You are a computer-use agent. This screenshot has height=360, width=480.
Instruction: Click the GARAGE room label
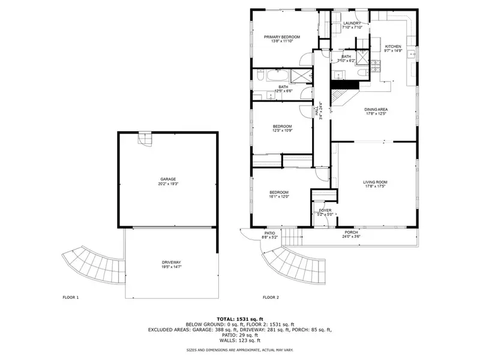click(168, 179)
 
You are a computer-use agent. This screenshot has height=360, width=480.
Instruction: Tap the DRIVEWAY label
click(171, 262)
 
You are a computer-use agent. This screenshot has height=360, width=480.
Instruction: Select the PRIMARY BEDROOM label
click(281, 37)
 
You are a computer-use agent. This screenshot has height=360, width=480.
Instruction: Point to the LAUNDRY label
click(352, 23)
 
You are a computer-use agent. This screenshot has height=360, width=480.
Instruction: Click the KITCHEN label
click(393, 46)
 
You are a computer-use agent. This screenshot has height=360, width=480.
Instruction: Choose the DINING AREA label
click(376, 109)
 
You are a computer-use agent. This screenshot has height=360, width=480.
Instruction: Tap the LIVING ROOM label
click(375, 182)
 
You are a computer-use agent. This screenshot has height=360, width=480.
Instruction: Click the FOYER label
click(325, 211)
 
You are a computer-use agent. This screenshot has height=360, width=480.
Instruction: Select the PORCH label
click(351, 232)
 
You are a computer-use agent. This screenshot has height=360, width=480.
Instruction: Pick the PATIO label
click(270, 233)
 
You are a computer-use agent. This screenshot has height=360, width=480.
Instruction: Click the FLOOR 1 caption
click(71, 297)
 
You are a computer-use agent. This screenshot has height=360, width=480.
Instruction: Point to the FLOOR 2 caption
click(271, 297)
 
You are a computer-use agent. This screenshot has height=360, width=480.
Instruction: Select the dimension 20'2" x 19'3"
click(168, 184)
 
